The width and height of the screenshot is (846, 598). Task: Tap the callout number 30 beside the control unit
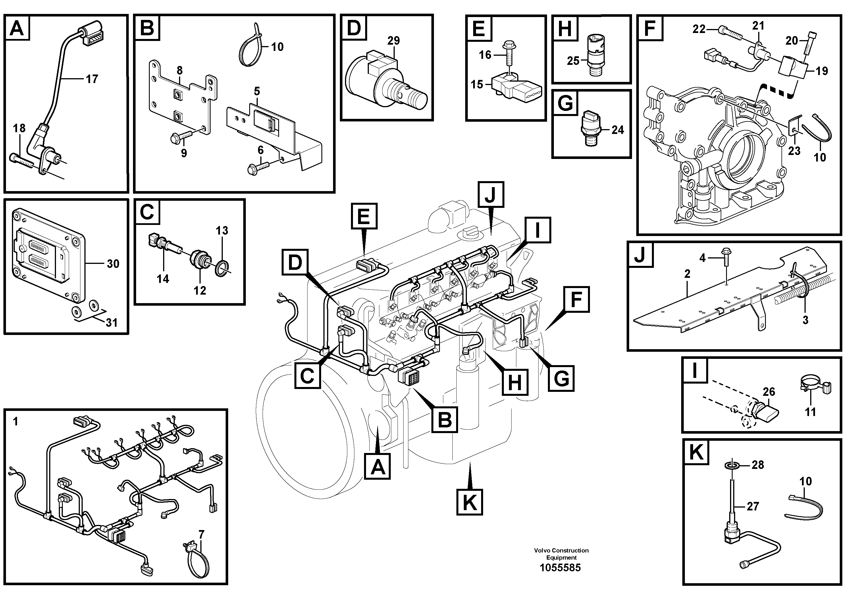pyautogui.click(x=113, y=264)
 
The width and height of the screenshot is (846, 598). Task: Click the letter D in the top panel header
pyautogui.click(x=354, y=28)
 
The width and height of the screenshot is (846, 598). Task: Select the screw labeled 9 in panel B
pyautogui.click(x=181, y=138)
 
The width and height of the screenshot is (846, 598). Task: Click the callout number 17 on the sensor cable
pyautogui.click(x=92, y=79)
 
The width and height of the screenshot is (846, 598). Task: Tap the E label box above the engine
pyautogui.click(x=364, y=216)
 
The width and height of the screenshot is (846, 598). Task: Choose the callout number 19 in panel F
pyautogui.click(x=822, y=71)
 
